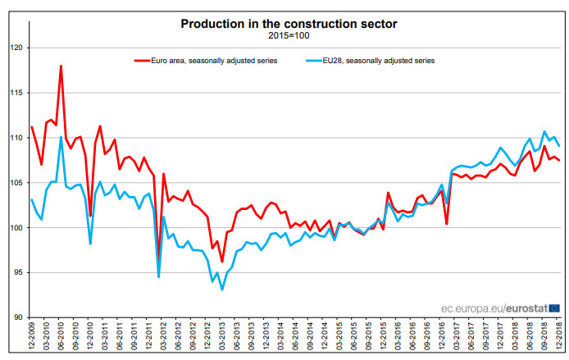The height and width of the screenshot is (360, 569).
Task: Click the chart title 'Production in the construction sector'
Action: [x=289, y=24]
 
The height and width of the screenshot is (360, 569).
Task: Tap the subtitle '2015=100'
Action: [x=289, y=36]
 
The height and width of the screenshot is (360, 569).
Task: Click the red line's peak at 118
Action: [x=61, y=66]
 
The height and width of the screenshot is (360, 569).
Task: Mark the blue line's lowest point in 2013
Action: [x=222, y=289]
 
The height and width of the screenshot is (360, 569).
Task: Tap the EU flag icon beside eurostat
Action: [x=554, y=308]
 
